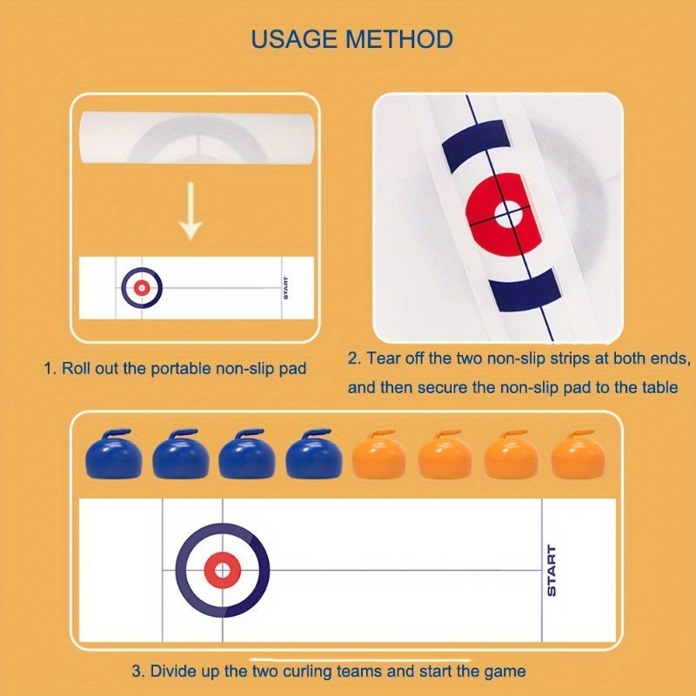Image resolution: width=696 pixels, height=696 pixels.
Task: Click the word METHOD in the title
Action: [x=399, y=39]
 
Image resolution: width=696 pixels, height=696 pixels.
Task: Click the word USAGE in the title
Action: [x=294, y=39]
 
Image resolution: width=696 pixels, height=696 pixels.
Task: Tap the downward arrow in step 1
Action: [x=191, y=211]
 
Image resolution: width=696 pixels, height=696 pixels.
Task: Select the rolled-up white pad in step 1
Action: [x=197, y=137]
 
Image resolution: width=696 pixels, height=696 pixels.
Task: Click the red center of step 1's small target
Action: [x=142, y=288]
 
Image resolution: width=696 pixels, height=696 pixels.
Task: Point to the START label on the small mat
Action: [x=286, y=288]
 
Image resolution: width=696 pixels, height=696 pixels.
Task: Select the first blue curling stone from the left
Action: [x=114, y=454]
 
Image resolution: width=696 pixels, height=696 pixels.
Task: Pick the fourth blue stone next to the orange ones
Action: [x=314, y=454]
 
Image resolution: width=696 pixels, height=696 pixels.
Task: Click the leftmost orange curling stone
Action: [x=379, y=454]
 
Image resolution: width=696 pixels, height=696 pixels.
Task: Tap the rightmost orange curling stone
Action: [x=579, y=454]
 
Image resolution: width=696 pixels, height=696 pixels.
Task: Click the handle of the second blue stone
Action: [x=184, y=434]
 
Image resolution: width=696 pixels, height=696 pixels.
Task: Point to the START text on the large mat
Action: [x=551, y=571]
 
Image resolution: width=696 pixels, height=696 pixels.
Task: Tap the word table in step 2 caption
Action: [x=660, y=387]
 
